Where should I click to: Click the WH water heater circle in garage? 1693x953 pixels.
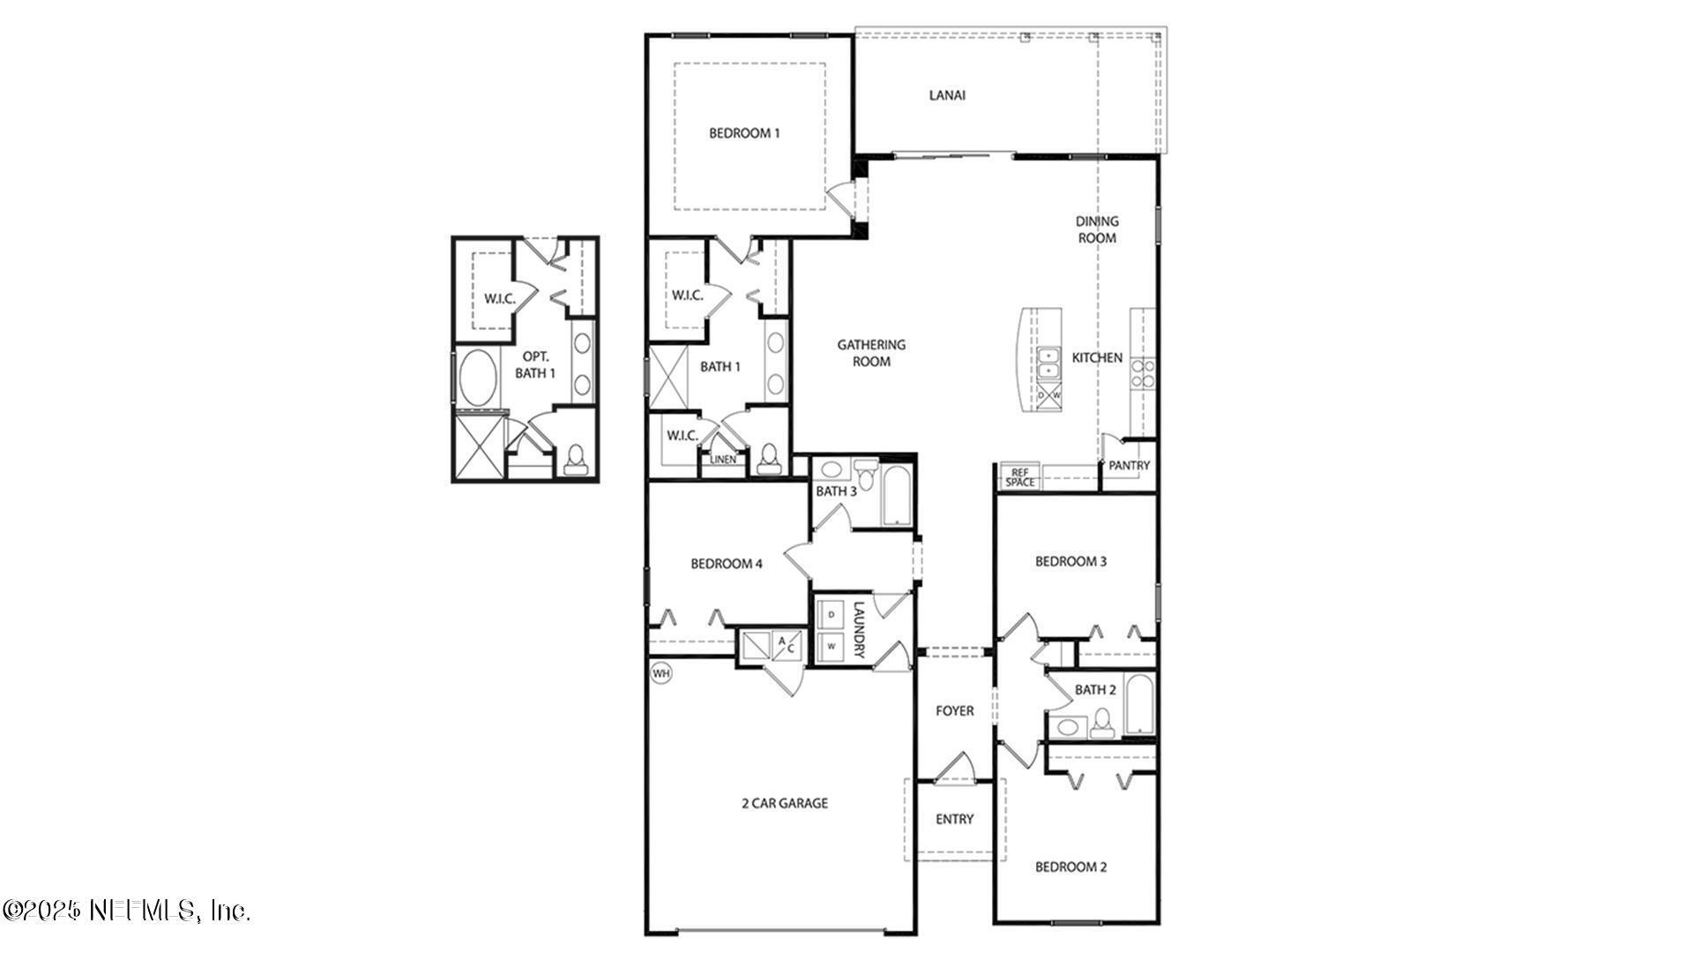pyautogui.click(x=660, y=674)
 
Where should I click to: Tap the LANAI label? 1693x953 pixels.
pyautogui.click(x=947, y=95)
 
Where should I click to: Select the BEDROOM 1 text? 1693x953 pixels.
pyautogui.click(x=744, y=133)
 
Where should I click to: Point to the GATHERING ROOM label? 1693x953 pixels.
pyautogui.click(x=871, y=353)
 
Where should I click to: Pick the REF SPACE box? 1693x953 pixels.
pyautogui.click(x=1020, y=477)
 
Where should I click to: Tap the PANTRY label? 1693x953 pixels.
pyautogui.click(x=1129, y=465)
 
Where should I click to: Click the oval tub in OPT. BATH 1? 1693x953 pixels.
pyautogui.click(x=478, y=379)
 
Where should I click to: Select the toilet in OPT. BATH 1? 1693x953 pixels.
pyautogui.click(x=577, y=460)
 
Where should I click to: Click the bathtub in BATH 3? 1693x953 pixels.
pyautogui.click(x=896, y=498)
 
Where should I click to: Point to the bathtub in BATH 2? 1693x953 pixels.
pyautogui.click(x=1138, y=704)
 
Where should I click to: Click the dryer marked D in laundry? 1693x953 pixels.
pyautogui.click(x=831, y=614)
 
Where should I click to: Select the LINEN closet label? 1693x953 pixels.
pyautogui.click(x=723, y=460)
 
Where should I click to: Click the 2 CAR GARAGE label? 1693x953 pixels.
pyautogui.click(x=783, y=803)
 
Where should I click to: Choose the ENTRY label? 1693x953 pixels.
pyautogui.click(x=954, y=819)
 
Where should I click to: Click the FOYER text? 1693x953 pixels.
pyautogui.click(x=954, y=710)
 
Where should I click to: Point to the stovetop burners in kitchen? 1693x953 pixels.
pyautogui.click(x=1144, y=374)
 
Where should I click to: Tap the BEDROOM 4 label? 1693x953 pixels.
pyautogui.click(x=726, y=564)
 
